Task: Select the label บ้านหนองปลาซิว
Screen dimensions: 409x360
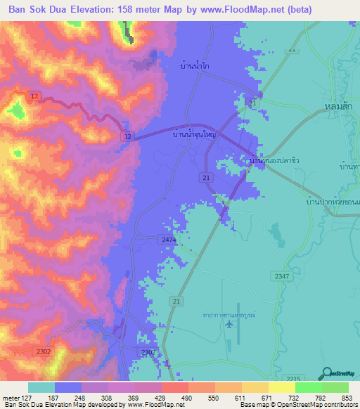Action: click(x=276, y=160)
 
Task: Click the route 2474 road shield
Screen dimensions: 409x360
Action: click(x=168, y=240)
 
